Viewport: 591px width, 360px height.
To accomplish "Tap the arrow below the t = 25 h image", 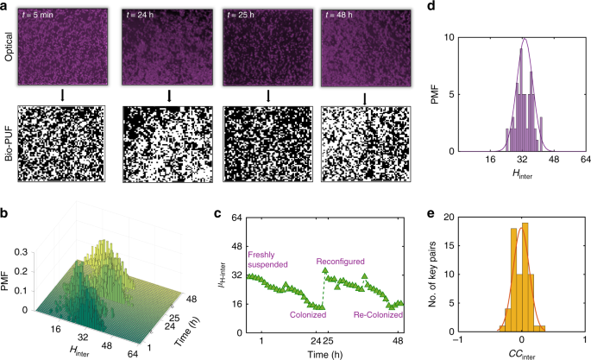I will point(267,97).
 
